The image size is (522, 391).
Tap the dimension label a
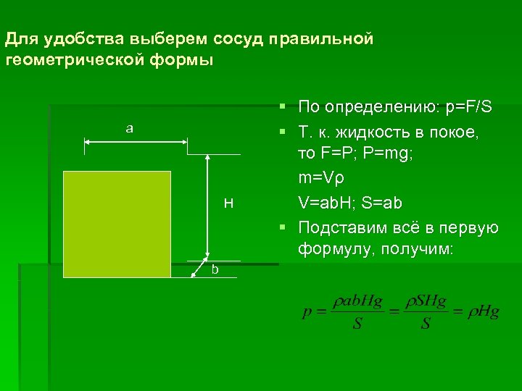coord(129,129)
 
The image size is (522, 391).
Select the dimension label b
coord(215,269)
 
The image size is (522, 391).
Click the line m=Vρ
coord(323,178)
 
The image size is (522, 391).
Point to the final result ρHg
coord(483,313)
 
